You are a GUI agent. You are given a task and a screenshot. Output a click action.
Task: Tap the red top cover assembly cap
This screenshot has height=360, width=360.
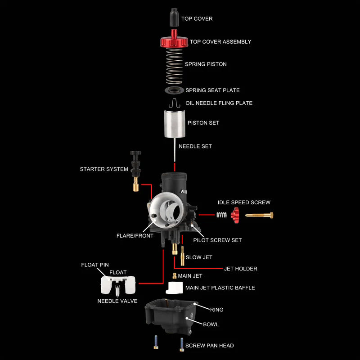coord(174,42)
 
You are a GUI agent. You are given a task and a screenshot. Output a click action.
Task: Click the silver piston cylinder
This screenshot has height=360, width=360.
coord(175,123)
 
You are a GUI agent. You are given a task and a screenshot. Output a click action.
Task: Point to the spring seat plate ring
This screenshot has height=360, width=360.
coord(174,90)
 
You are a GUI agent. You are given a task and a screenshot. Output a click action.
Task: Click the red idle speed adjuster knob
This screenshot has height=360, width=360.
coord(234,215)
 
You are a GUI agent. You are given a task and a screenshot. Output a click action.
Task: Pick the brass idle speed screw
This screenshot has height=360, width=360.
coord(260,215)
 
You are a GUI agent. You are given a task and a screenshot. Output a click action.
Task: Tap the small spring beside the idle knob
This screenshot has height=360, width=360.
coord(221,215)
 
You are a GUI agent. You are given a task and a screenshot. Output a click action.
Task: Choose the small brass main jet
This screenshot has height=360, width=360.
coord(174,275)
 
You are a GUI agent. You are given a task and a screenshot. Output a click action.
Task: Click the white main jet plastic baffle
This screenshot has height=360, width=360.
coord(174,288)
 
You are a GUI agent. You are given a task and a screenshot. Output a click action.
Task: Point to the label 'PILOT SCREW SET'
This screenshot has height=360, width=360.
coord(217,240)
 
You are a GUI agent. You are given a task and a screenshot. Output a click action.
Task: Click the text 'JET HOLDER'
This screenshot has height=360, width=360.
coord(241,269)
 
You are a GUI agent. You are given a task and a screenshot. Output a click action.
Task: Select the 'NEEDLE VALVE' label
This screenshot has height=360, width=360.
coord(117,301)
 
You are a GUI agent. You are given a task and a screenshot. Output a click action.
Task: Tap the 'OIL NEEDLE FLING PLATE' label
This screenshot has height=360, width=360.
coord(219,103)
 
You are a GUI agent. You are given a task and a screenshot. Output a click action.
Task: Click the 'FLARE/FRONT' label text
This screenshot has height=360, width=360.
coord(135,236)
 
